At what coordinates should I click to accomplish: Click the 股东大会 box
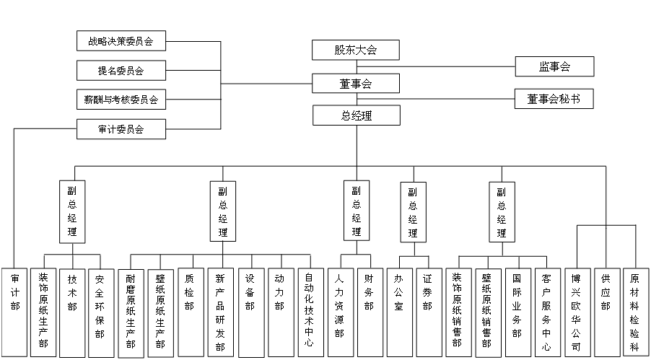click(356, 50)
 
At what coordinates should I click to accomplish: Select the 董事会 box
click(356, 84)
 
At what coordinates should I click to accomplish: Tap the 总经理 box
click(357, 115)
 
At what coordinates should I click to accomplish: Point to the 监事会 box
click(555, 66)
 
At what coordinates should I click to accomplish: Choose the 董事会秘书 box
click(554, 99)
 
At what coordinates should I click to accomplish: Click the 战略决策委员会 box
click(121, 40)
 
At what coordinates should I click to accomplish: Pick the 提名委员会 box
click(121, 70)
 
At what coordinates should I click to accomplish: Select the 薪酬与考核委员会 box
click(121, 100)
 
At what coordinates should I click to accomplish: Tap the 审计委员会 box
click(121, 129)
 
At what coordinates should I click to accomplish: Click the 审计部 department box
click(14, 312)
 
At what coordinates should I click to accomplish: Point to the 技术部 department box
click(72, 312)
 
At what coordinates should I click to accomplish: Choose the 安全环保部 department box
click(100, 312)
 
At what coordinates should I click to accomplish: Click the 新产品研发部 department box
click(221, 312)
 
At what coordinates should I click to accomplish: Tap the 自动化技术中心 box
click(311, 312)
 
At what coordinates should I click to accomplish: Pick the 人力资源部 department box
click(341, 312)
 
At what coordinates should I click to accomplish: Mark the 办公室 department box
click(400, 312)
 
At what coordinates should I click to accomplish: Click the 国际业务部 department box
click(518, 312)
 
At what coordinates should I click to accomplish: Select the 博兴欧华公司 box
click(577, 312)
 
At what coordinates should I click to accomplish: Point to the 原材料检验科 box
click(636, 312)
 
